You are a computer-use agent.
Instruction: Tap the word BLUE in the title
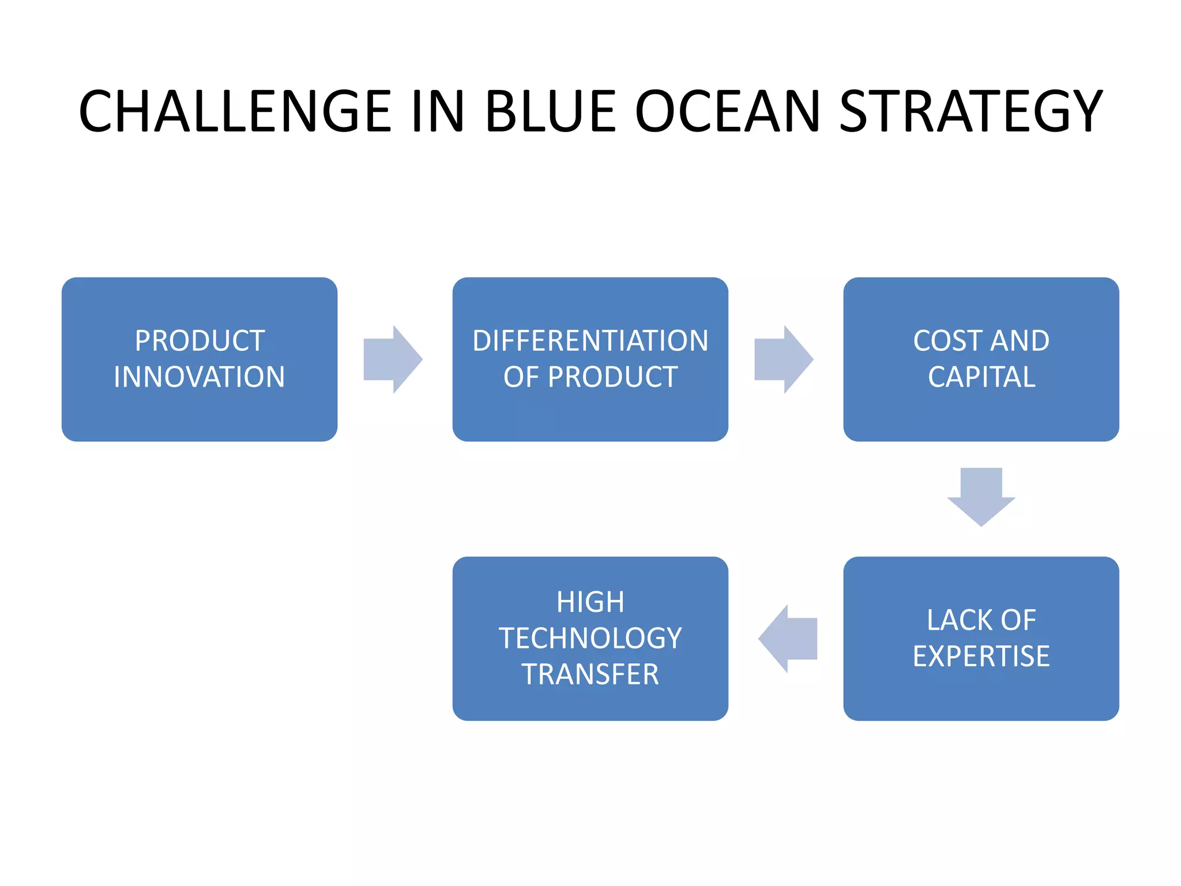click(550, 111)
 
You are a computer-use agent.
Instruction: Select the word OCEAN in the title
click(727, 111)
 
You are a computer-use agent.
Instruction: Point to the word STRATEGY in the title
click(971, 111)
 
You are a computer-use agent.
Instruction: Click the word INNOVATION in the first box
click(199, 377)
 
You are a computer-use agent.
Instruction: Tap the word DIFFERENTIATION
click(590, 341)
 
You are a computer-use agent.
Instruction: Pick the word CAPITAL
click(981, 377)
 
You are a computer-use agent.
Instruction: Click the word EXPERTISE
click(981, 656)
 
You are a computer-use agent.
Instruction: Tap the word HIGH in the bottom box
click(590, 602)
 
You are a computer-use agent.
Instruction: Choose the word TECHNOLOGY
click(590, 639)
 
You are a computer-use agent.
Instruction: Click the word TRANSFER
click(590, 675)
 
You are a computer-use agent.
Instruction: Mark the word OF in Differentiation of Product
click(521, 377)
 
